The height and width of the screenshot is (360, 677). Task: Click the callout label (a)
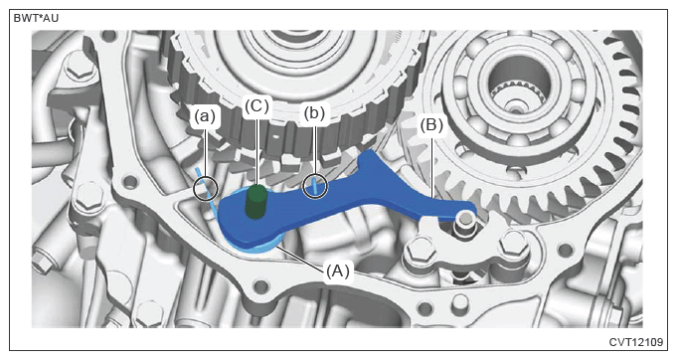pos(205,116)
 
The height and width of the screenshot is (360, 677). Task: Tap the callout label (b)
pos(314,113)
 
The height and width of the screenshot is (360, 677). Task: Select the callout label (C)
pos(256,106)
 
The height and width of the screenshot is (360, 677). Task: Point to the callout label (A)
pos(338,271)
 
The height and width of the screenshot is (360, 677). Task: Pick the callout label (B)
pos(431,125)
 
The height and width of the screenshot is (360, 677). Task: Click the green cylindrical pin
pos(256,201)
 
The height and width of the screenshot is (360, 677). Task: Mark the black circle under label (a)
pos(206,188)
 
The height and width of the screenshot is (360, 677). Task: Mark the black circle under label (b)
pos(315,187)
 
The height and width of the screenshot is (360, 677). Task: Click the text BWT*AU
pos(36,19)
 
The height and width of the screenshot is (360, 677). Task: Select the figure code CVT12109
pos(636,342)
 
